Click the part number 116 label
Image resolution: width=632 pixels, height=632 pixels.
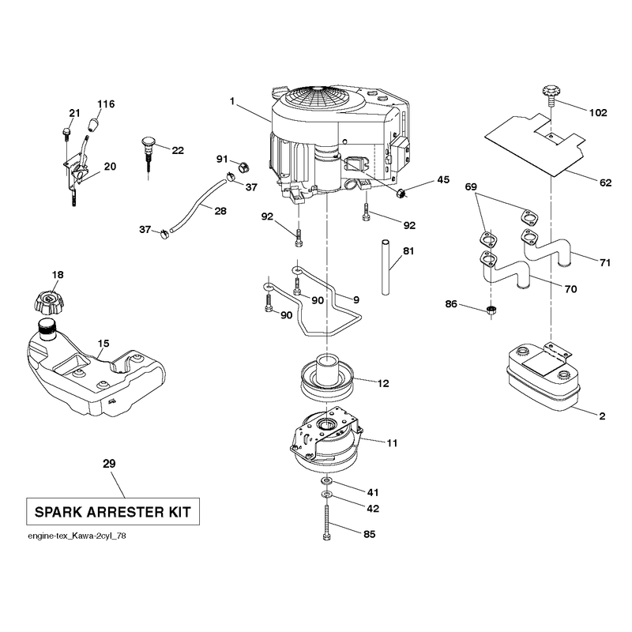(106, 104)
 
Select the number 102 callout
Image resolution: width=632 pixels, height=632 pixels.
(598, 113)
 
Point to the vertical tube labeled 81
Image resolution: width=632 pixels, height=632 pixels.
(386, 267)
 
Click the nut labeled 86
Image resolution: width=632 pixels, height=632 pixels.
(491, 310)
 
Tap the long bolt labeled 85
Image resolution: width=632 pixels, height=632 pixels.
(326, 521)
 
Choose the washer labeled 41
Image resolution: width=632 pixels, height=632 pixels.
(326, 480)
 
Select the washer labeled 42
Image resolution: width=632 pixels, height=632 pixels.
(326, 495)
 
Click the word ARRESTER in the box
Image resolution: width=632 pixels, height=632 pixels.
(125, 512)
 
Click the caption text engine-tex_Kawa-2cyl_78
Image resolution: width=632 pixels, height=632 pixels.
(77, 536)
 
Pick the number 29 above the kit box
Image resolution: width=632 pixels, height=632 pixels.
(109, 464)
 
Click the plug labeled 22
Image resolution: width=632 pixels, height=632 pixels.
(149, 155)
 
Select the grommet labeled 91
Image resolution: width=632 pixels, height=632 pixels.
(243, 166)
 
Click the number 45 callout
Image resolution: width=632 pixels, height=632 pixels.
(443, 179)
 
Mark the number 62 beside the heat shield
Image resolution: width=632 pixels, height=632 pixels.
(605, 182)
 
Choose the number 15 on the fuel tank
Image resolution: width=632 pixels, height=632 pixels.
(103, 344)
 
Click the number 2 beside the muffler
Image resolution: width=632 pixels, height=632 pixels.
(602, 416)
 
